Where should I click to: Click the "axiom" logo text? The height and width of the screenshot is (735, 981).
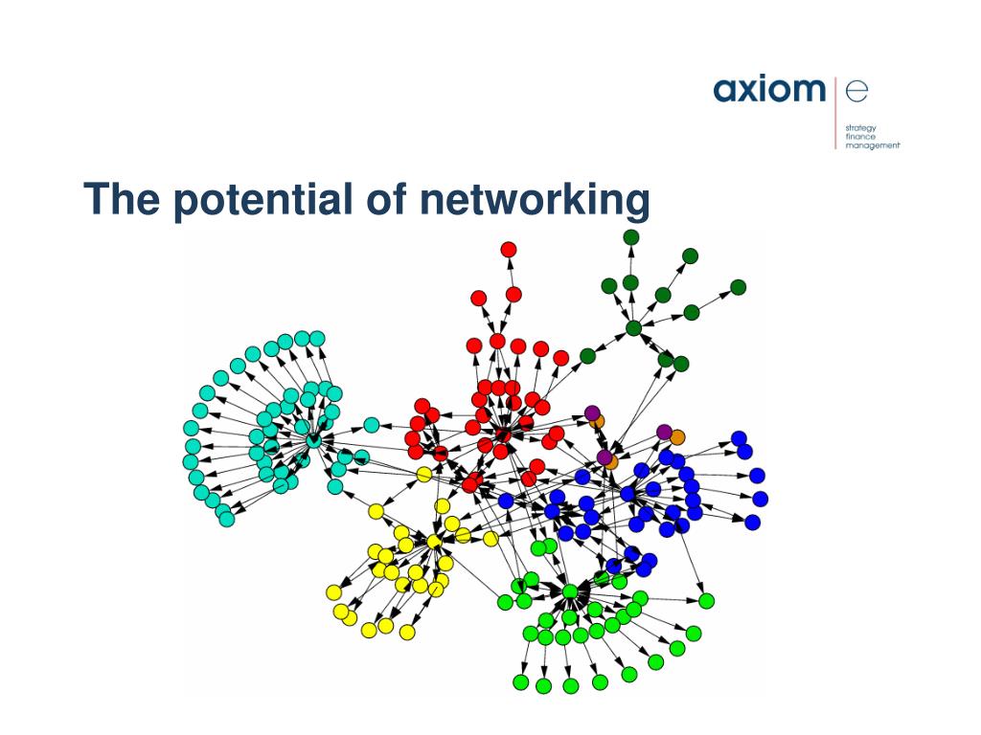pyautogui.click(x=768, y=90)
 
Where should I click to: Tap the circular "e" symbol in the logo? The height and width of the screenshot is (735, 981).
pyautogui.click(x=856, y=90)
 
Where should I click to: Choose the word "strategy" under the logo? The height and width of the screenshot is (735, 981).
pyautogui.click(x=860, y=127)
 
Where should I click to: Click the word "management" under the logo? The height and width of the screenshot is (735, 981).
pyautogui.click(x=873, y=145)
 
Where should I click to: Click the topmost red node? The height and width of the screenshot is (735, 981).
pyautogui.click(x=509, y=250)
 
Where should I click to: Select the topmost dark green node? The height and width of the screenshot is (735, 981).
pyautogui.click(x=631, y=237)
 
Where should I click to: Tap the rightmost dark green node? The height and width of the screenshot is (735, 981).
pyautogui.click(x=738, y=287)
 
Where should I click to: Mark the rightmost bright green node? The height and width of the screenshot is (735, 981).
pyautogui.click(x=706, y=601)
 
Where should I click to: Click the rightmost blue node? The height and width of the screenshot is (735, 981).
pyautogui.click(x=761, y=499)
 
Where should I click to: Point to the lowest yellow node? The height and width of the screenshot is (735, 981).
pyautogui.click(x=407, y=632)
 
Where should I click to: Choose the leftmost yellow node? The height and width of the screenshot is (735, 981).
pyautogui.click(x=334, y=592)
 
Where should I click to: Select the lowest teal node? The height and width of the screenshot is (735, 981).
pyautogui.click(x=226, y=520)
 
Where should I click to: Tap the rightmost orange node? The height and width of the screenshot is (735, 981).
pyautogui.click(x=677, y=437)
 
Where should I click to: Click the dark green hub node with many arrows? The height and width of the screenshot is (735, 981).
pyautogui.click(x=633, y=329)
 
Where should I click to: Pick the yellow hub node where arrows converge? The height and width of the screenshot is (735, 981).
pyautogui.click(x=434, y=543)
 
